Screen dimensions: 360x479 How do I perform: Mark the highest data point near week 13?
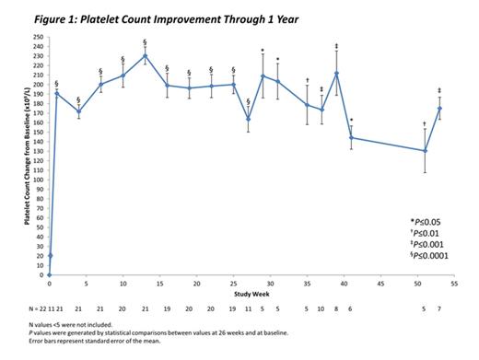(x=145, y=55)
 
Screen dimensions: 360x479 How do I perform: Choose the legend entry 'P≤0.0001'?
(x=428, y=259)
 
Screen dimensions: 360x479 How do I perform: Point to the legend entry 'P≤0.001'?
(x=427, y=247)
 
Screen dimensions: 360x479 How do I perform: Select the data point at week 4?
(x=78, y=111)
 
